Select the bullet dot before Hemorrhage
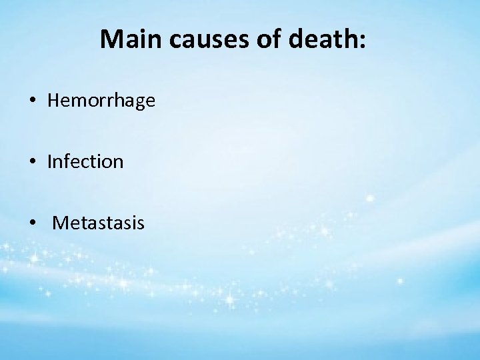tap(32, 101)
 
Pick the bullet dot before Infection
tap(32, 162)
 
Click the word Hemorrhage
tap(101, 101)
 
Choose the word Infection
tap(85, 162)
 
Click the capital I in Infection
tap(50, 162)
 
